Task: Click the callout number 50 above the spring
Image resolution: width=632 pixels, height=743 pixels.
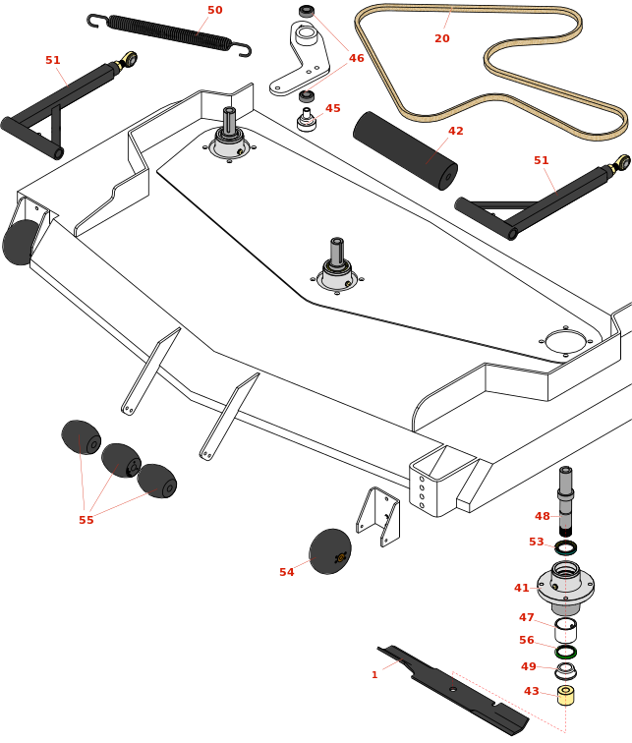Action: tap(214, 11)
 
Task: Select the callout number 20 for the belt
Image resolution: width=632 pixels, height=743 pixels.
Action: tap(442, 38)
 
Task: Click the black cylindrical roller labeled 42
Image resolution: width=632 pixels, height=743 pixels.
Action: tap(405, 150)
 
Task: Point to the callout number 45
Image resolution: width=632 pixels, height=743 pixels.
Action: tap(333, 109)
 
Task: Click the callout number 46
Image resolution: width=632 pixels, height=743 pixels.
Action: tap(356, 59)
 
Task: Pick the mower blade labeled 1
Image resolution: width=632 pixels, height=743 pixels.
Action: tap(452, 690)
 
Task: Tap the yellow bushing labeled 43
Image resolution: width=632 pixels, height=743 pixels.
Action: tap(565, 695)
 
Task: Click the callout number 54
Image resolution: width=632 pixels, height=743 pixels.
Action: tap(286, 572)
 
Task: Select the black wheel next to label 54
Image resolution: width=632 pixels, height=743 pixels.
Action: tap(329, 551)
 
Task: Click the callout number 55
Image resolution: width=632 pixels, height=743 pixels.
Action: tap(86, 520)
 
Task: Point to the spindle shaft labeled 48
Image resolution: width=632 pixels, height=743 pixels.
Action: tap(565, 500)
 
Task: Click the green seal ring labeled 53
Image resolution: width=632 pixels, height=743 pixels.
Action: tap(565, 547)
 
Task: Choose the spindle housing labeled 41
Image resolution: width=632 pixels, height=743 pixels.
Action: tap(565, 586)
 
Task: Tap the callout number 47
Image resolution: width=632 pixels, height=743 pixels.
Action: tap(527, 618)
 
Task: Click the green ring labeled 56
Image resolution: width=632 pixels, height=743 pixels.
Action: tap(565, 652)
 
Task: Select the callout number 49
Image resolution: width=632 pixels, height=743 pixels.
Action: tap(529, 666)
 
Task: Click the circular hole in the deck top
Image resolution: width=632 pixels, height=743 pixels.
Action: tap(565, 342)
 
